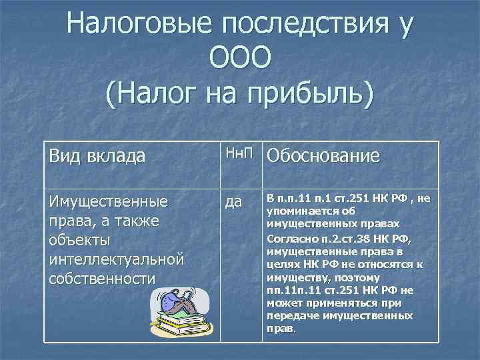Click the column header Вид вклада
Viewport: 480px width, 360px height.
pyautogui.click(x=97, y=156)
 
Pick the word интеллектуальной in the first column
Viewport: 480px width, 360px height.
pyautogui.click(x=116, y=259)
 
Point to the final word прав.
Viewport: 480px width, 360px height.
pyautogui.click(x=279, y=329)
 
